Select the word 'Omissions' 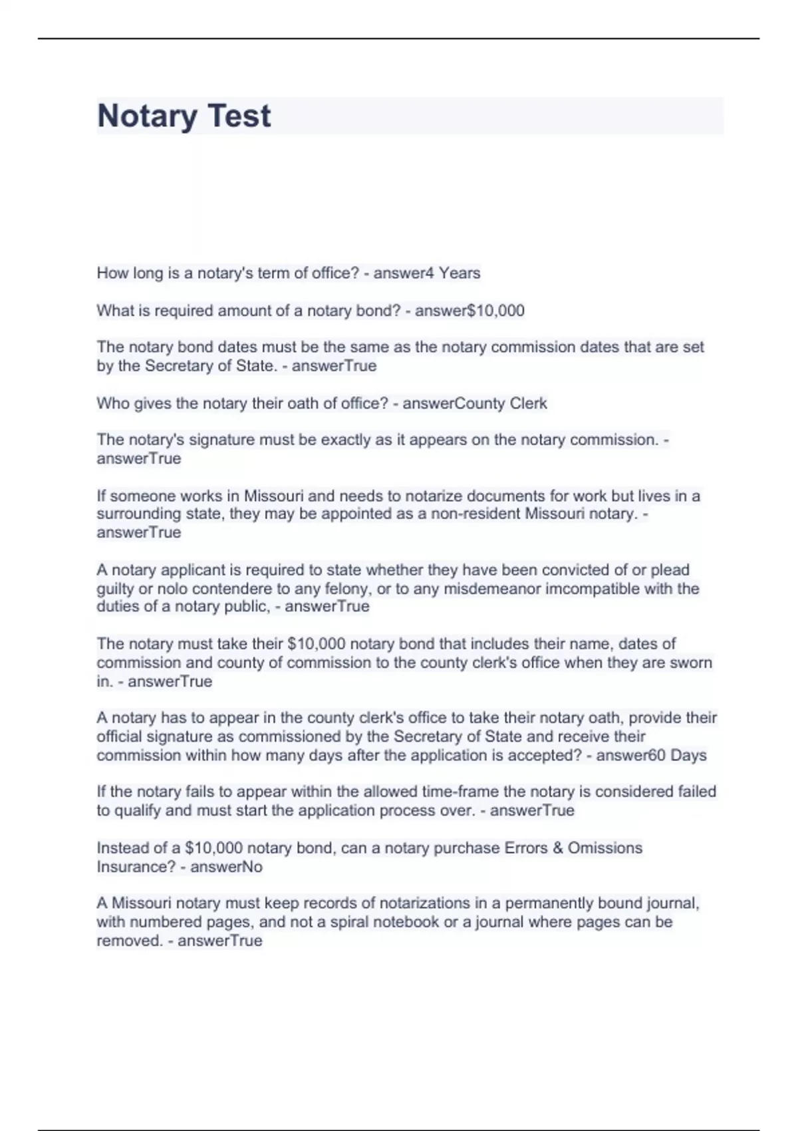click(x=604, y=848)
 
